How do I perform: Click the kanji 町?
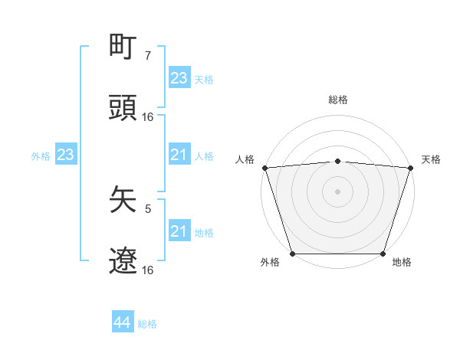pyautogui.click(x=123, y=47)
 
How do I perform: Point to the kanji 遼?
pyautogui.click(x=123, y=261)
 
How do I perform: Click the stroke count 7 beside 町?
pyautogui.click(x=148, y=55)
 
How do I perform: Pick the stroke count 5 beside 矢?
pyautogui.click(x=148, y=208)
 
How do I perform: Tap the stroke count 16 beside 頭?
pyautogui.click(x=148, y=116)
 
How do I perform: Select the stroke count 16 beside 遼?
pyautogui.click(x=148, y=270)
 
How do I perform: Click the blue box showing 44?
pyautogui.click(x=123, y=322)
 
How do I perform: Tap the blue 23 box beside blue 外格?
pyautogui.click(x=66, y=155)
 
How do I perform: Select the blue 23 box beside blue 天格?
pyautogui.click(x=179, y=78)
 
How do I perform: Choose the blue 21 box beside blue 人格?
pyautogui.click(x=179, y=155)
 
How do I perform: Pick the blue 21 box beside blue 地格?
pyautogui.click(x=179, y=231)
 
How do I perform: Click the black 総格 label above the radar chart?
pyautogui.click(x=338, y=100)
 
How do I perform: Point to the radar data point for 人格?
pyautogui.click(x=264, y=167)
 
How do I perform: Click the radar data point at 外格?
pyautogui.click(x=292, y=254)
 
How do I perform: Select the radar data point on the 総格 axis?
pyautogui.click(x=338, y=161)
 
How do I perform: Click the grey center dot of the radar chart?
pyautogui.click(x=338, y=191)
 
